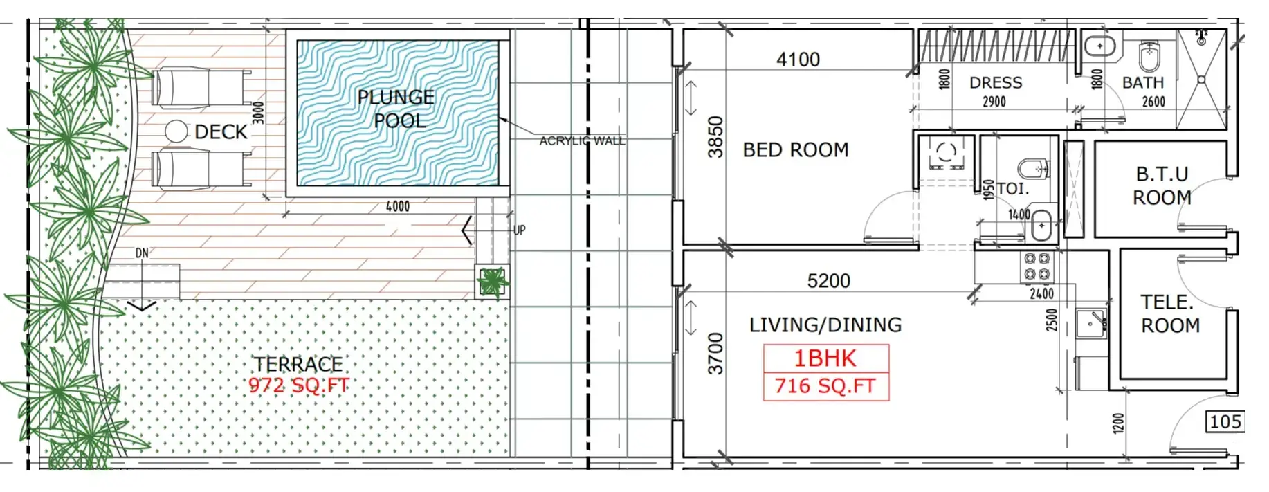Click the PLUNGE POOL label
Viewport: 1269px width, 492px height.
click(396, 109)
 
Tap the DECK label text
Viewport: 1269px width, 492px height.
click(221, 131)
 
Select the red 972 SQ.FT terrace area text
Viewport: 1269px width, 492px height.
click(299, 385)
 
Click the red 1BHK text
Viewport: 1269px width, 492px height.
click(825, 358)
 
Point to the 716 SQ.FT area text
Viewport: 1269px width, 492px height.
click(825, 385)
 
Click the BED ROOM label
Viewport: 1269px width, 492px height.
click(796, 149)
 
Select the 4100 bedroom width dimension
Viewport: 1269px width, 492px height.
click(798, 60)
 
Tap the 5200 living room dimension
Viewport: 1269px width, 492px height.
click(828, 281)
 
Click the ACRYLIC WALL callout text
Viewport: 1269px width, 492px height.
click(582, 141)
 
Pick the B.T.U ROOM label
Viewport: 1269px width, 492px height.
click(1162, 185)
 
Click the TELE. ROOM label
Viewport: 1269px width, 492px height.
click(1169, 313)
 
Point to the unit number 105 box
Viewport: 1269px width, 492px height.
click(1225, 421)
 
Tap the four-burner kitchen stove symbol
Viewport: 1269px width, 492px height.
click(1037, 267)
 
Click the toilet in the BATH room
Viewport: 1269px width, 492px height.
click(1149, 56)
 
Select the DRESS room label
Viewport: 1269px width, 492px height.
click(996, 83)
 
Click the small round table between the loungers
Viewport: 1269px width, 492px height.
click(176, 131)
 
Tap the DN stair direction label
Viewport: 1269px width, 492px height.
click(142, 253)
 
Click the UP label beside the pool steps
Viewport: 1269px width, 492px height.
click(519, 230)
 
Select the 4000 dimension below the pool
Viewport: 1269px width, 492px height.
click(398, 206)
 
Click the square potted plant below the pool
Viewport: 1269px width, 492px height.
click(493, 282)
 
